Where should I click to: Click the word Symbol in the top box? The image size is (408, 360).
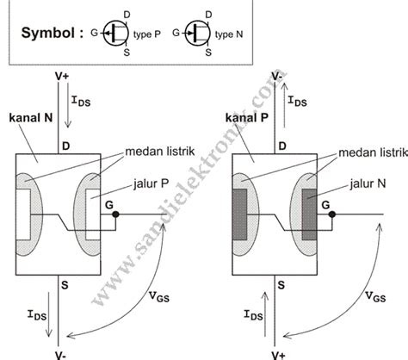pyautogui.click(x=46, y=34)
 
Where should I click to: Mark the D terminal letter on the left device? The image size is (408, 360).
pyautogui.click(x=65, y=146)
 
